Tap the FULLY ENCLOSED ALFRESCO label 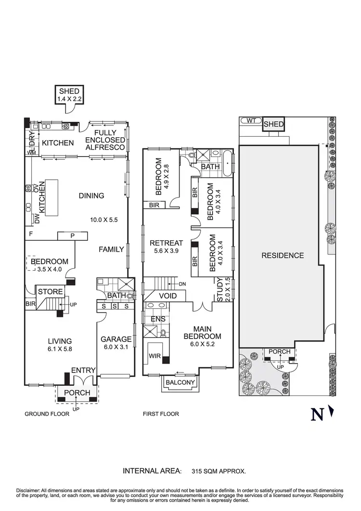point(109,140)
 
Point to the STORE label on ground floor point(50,291)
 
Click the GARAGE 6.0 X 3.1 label point(116,343)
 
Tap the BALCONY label point(180,383)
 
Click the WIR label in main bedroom point(154,356)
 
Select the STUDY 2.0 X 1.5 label point(223,290)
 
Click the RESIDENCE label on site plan point(283,255)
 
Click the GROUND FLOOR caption point(47,414)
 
